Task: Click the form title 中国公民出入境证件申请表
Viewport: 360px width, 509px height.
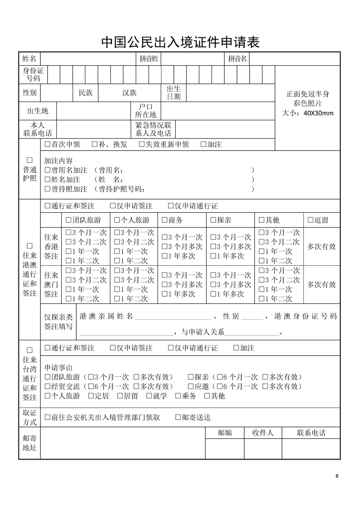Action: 180,43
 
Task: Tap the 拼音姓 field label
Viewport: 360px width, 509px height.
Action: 149,59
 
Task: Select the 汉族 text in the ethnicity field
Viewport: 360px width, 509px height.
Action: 129,93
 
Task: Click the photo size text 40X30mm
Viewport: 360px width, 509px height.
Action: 318,113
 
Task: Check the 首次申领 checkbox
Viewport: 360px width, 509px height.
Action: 47,145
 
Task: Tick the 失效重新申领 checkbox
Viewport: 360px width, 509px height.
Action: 142,145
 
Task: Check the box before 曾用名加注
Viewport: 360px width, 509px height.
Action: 47,170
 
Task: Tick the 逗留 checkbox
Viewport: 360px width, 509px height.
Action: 311,220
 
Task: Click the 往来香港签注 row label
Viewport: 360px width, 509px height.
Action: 51,247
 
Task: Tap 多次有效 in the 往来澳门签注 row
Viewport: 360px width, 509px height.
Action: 321,285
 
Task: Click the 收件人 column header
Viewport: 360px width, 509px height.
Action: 263,433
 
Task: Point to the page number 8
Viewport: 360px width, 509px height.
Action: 336,476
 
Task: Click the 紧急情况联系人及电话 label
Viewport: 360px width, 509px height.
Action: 153,129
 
